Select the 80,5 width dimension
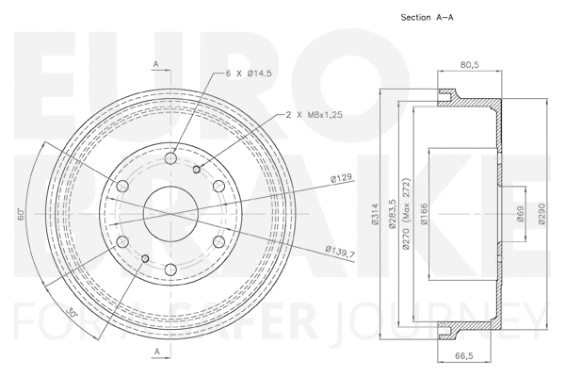coord(468,66)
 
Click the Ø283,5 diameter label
coord(389,216)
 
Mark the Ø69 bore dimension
coord(521,217)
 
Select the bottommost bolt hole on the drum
coord(170,271)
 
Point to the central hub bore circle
coord(170,215)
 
